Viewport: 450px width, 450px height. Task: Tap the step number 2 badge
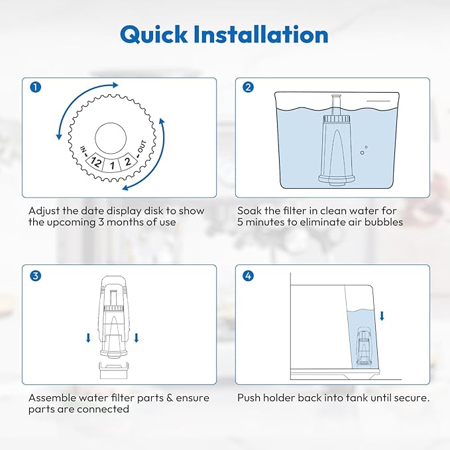pos(248,86)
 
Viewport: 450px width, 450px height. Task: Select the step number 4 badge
pos(248,274)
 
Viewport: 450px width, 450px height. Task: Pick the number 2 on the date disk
pos(128,161)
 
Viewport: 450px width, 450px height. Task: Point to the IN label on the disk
pos(84,150)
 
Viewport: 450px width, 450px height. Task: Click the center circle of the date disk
pos(113,138)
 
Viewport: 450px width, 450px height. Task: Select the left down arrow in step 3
pos(88,339)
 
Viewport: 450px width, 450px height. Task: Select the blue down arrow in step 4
pos(382,315)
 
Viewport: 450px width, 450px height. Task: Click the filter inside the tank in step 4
pos(363,347)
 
